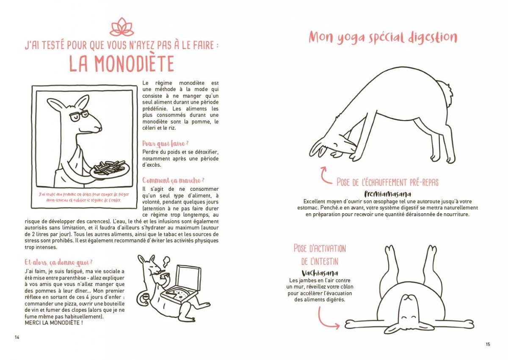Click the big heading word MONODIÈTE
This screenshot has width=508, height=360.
click(121, 63)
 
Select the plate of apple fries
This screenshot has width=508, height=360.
click(110, 169)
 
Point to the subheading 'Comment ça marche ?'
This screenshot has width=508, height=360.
click(174, 180)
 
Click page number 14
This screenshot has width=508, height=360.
click(17, 337)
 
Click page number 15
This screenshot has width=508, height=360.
click(488, 344)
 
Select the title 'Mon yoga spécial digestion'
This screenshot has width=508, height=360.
click(383, 37)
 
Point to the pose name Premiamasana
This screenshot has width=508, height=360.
click(387, 194)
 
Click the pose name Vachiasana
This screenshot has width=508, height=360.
click(320, 273)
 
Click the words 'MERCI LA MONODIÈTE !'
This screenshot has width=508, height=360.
click(53, 323)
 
